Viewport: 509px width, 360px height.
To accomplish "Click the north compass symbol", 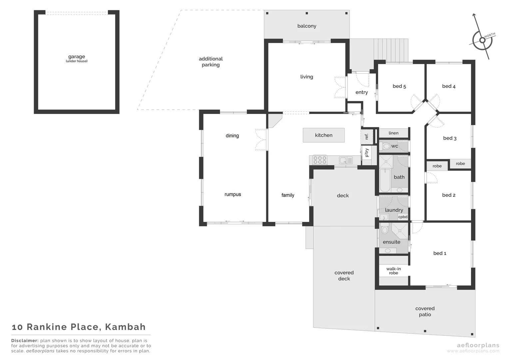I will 482,40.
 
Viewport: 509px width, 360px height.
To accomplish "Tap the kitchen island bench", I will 323,135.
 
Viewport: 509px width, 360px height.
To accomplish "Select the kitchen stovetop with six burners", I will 320,160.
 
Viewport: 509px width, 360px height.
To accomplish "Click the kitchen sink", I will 346,160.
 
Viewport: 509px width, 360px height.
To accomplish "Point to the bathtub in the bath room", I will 385,180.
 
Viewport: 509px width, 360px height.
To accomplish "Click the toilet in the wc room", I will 385,146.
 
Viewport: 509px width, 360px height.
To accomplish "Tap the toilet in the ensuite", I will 385,229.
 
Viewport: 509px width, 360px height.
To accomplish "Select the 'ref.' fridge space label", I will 366,136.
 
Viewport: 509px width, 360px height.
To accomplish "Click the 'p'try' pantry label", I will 367,153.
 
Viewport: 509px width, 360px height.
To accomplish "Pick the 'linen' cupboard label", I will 393,133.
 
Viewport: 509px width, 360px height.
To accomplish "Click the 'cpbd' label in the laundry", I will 403,217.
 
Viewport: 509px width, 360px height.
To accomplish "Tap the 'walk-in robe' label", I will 393,271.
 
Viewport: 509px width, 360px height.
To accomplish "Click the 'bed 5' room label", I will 399,86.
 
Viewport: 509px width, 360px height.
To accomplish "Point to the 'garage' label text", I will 77,57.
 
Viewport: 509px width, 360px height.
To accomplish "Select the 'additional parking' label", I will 211,62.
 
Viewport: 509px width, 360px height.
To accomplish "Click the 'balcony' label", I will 306,26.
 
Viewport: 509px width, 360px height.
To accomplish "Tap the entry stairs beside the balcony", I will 390,50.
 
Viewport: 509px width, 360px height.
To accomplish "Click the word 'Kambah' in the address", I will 125,327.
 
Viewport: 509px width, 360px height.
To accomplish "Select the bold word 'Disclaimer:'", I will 25,341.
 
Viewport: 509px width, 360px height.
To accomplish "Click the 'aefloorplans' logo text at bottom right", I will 473,345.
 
